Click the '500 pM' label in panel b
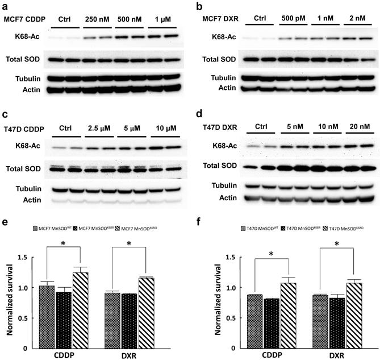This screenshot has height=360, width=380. coord(294,19)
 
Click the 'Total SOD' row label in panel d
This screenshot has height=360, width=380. coord(223,166)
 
